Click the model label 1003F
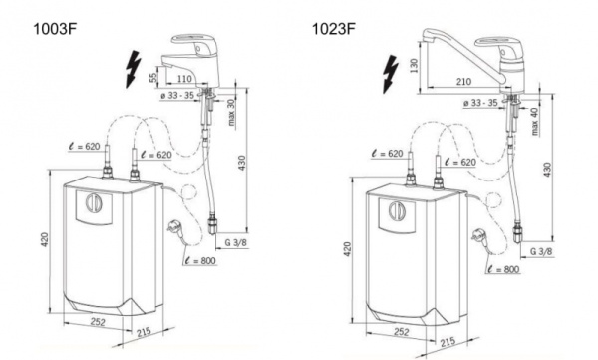[x=56, y=29]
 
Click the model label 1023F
[x=334, y=29]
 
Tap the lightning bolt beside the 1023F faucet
[x=391, y=74]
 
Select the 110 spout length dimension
[x=184, y=79]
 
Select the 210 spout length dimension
[x=463, y=82]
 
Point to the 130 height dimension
[x=414, y=65]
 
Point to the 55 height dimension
[x=152, y=77]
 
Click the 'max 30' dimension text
[x=231, y=113]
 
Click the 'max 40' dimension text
[x=534, y=121]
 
